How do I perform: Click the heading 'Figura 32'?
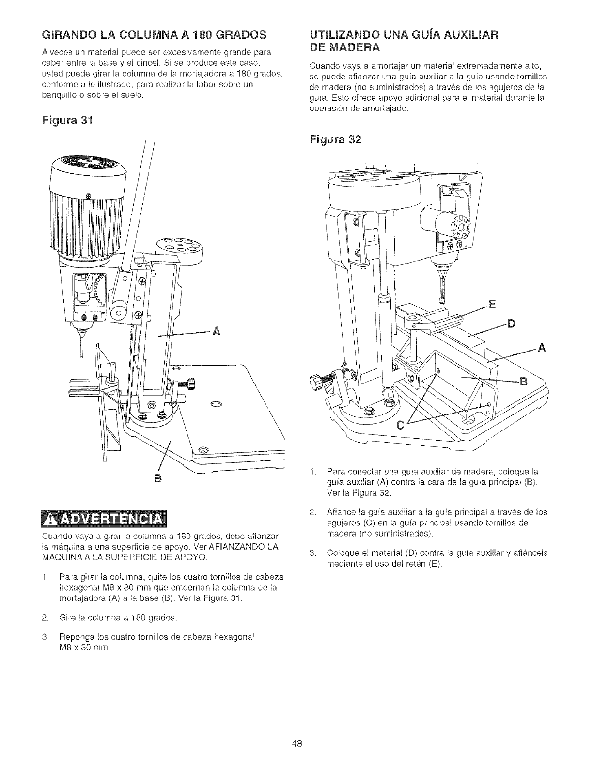[x=336, y=139]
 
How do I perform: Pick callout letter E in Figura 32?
[x=492, y=304]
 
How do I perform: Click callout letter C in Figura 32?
[x=401, y=426]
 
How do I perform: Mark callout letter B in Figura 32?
[x=523, y=381]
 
